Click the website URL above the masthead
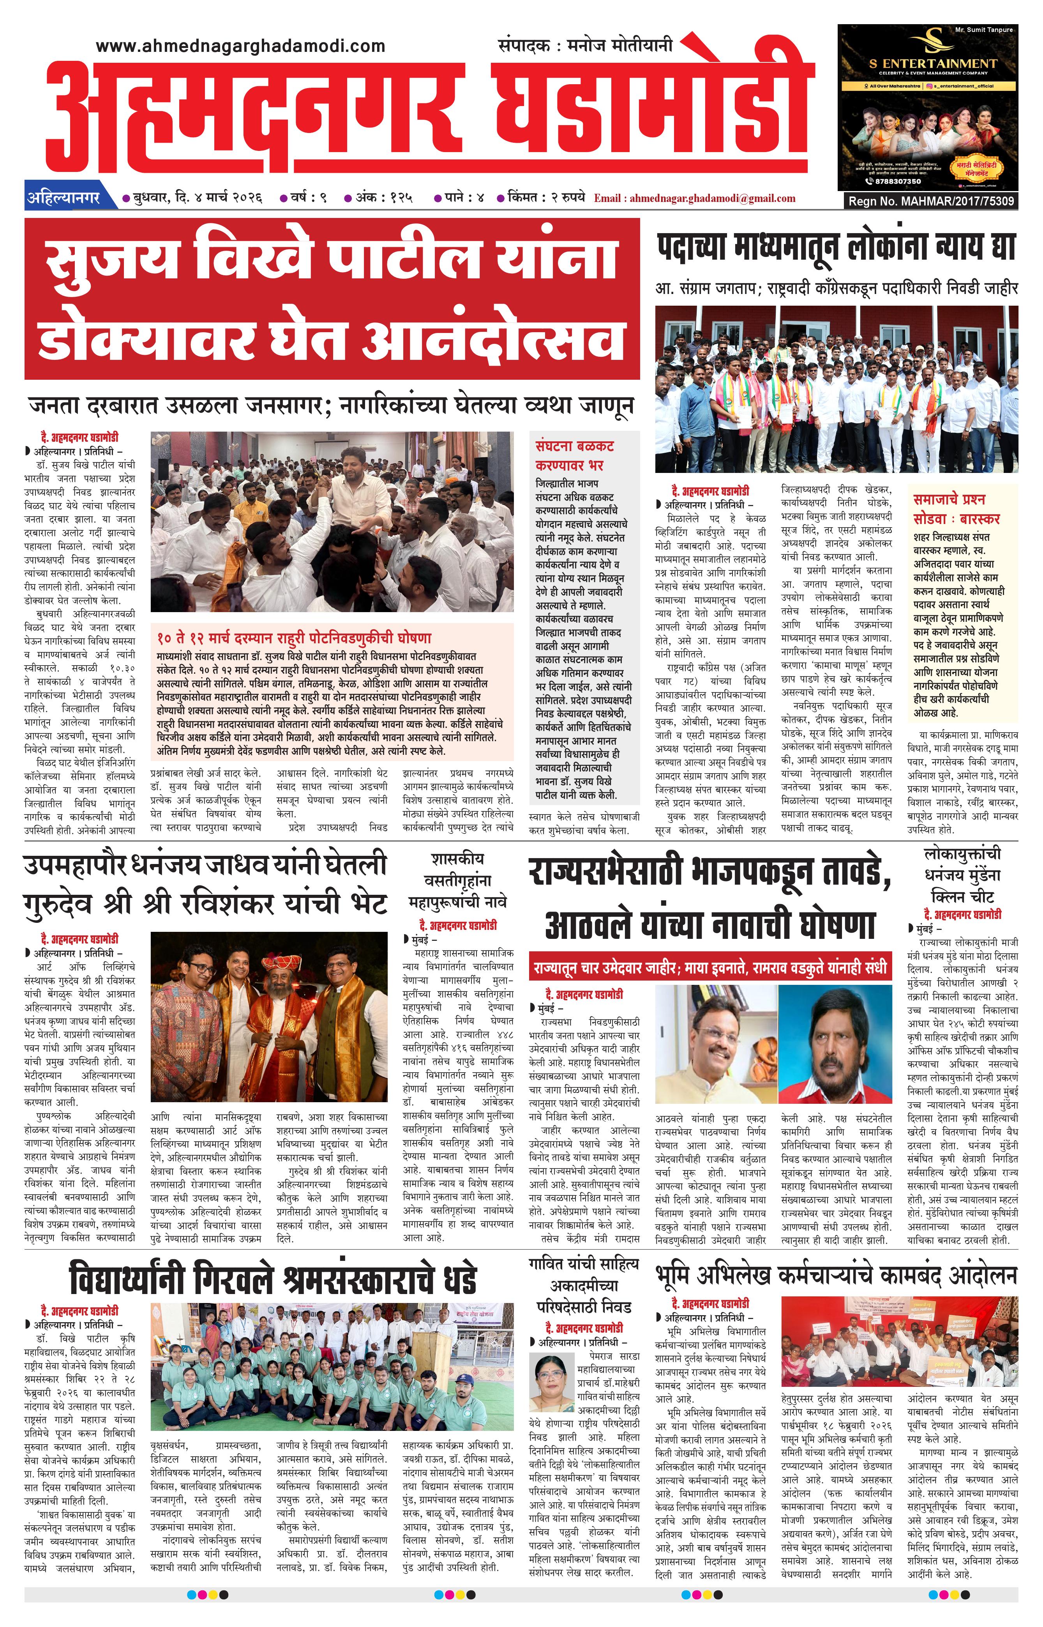point(240,46)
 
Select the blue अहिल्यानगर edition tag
point(64,198)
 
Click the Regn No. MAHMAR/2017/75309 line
point(931,201)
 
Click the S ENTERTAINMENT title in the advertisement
point(933,63)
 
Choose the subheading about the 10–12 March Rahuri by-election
point(294,637)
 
